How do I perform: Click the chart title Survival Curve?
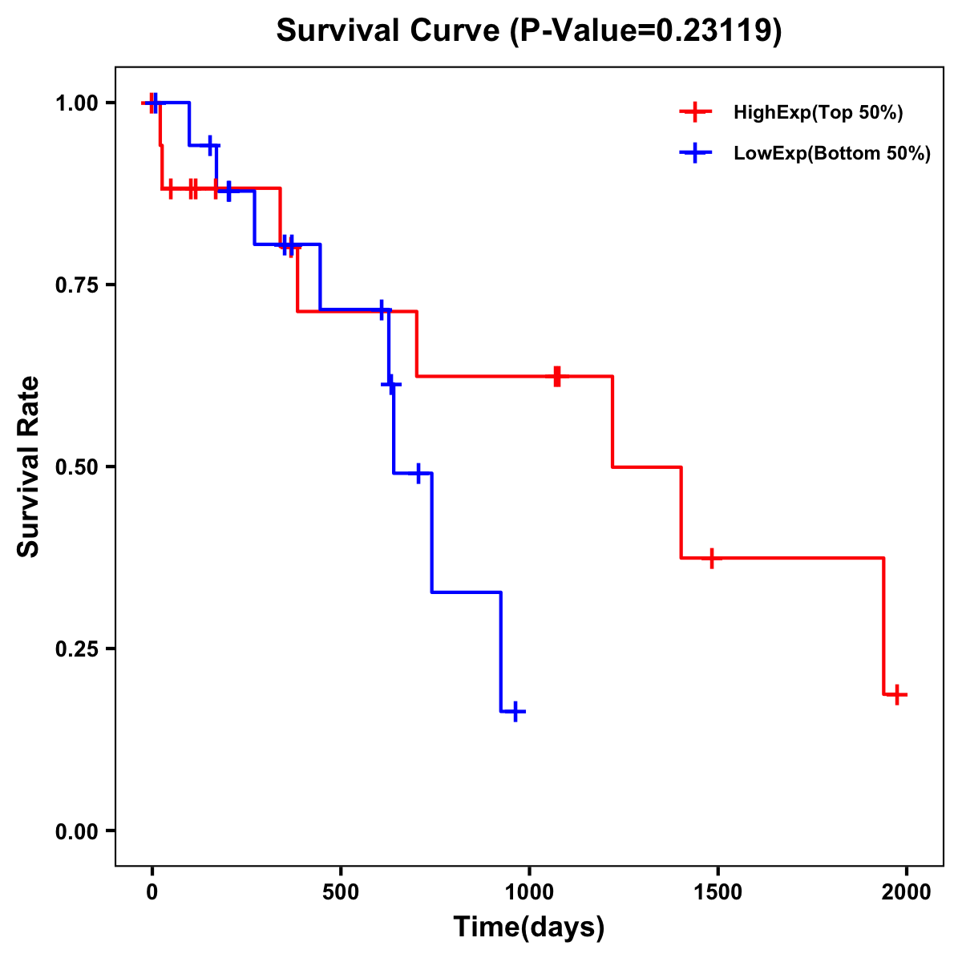point(389,31)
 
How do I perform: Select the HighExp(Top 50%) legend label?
point(819,113)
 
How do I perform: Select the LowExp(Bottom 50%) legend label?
point(832,154)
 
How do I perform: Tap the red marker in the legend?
point(695,112)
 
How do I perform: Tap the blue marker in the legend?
point(695,153)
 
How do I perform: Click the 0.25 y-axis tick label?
point(77,649)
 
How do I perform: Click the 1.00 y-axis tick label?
point(77,103)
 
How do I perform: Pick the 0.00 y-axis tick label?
point(77,831)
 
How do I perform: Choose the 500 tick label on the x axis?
point(341,892)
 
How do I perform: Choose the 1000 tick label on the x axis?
point(529,892)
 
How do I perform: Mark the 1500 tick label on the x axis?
point(717,892)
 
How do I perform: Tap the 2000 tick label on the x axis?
point(907,892)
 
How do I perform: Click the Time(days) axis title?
point(529,928)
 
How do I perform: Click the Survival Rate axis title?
point(30,467)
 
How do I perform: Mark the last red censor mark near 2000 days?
point(897,694)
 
